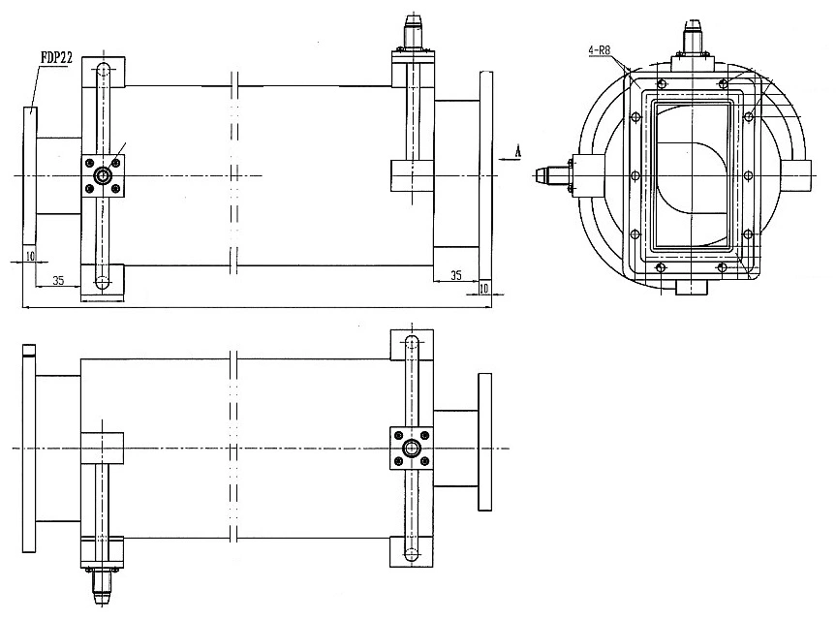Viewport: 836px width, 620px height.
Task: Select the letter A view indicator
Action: pyautogui.click(x=519, y=150)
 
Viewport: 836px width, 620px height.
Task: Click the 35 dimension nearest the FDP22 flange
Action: pyautogui.click(x=58, y=281)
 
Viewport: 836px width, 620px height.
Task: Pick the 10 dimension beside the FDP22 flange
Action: pyautogui.click(x=30, y=255)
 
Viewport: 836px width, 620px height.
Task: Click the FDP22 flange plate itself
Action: pyautogui.click(x=29, y=174)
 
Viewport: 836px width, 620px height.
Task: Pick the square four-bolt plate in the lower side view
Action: pyautogui.click(x=413, y=448)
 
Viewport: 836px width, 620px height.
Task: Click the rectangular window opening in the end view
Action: pyautogui.click(x=692, y=174)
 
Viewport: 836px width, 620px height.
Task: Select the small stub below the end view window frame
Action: pyautogui.click(x=691, y=287)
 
